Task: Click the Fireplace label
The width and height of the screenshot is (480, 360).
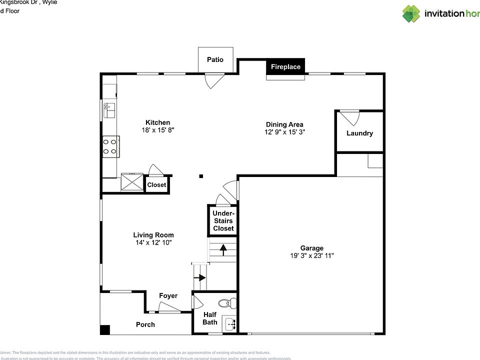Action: tap(285, 67)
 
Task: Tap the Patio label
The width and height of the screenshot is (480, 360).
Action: tap(215, 59)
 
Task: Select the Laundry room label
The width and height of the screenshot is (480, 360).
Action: tap(359, 133)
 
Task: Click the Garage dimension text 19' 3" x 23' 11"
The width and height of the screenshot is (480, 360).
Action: tap(311, 255)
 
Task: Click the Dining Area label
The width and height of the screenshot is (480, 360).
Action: tap(284, 124)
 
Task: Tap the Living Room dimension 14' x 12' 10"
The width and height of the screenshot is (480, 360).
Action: tap(153, 242)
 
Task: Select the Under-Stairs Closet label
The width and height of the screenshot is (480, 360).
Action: tap(223, 220)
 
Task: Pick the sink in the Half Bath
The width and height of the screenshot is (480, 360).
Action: tap(229, 324)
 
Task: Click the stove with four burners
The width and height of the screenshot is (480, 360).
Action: tap(110, 146)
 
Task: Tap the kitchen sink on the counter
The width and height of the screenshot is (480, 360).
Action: tap(109, 109)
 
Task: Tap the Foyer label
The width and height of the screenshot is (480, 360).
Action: tap(168, 296)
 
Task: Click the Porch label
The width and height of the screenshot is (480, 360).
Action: tap(145, 324)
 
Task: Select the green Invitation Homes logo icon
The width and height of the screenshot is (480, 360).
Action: tap(411, 13)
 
